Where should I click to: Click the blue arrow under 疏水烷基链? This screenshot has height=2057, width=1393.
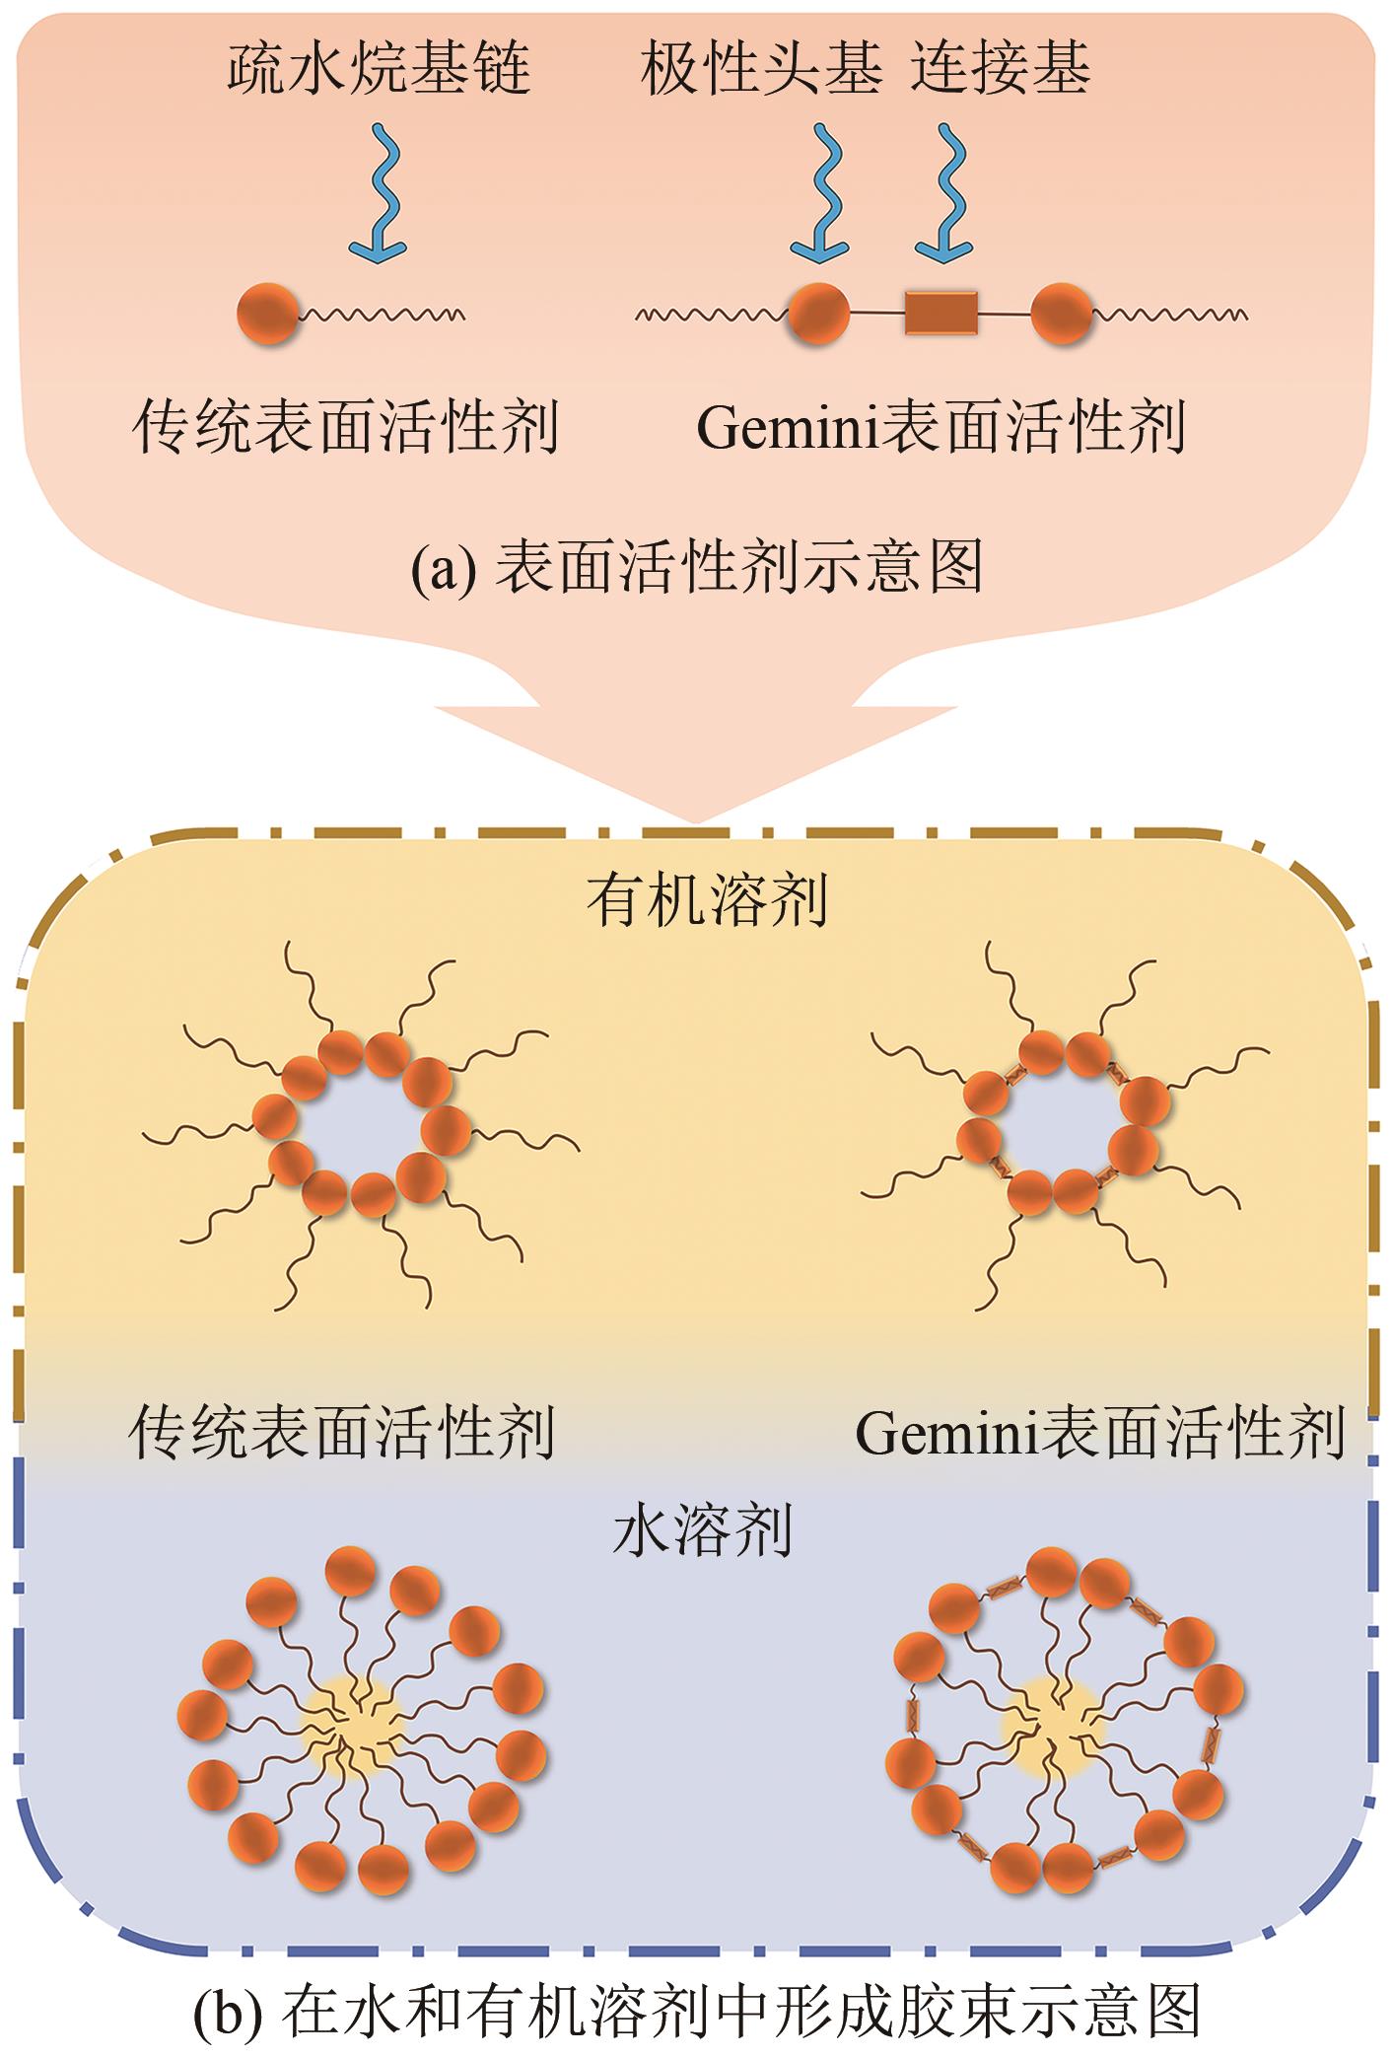pyautogui.click(x=381, y=192)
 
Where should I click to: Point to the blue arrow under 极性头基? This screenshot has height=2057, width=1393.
pyautogui.click(x=821, y=192)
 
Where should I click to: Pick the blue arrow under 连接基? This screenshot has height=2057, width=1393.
pyautogui.click(x=943, y=192)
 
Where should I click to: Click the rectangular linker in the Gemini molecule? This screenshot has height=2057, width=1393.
pyautogui.click(x=940, y=314)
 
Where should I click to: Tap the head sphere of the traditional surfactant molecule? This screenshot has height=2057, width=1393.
pyautogui.click(x=267, y=314)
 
